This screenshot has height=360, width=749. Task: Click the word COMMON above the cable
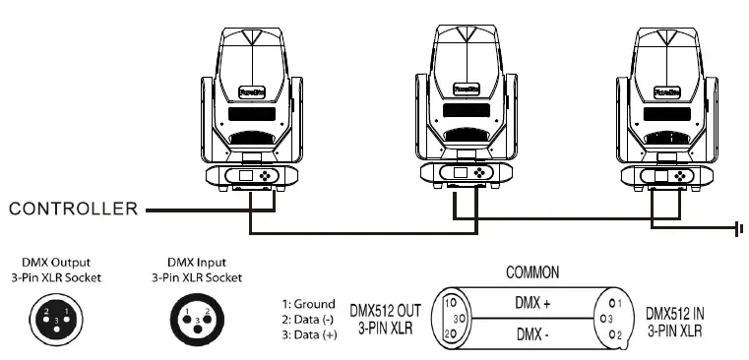coord(532,271)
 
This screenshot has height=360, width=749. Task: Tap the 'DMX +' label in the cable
coord(531,304)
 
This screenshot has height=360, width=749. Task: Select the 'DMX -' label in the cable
coord(531,335)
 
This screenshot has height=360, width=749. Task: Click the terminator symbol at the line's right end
coord(736,229)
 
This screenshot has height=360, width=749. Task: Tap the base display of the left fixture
coord(247,178)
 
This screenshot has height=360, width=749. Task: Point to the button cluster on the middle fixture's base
coord(480,172)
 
